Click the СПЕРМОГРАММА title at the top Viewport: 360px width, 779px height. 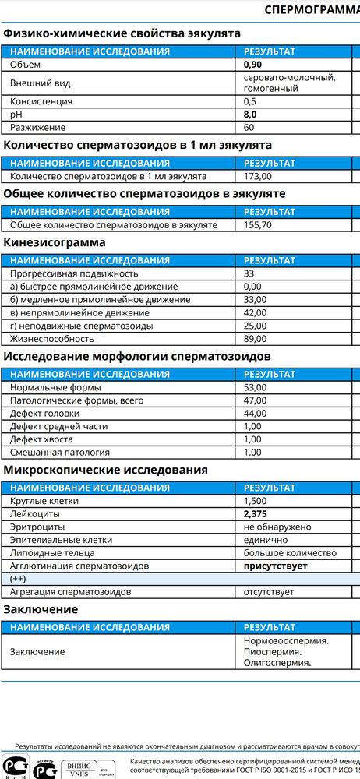click(x=312, y=10)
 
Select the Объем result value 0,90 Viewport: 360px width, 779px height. click(x=252, y=65)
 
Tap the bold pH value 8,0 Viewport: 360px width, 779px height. click(x=250, y=115)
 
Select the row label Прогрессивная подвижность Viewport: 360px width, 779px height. click(x=74, y=273)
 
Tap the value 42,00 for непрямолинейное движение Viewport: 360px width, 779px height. click(x=256, y=312)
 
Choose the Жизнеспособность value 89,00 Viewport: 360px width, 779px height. click(x=256, y=339)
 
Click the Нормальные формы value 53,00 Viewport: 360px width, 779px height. click(x=256, y=387)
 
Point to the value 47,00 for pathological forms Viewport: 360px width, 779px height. click(x=256, y=400)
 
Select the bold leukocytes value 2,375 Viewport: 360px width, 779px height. click(x=256, y=514)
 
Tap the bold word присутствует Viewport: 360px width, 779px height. click(x=281, y=566)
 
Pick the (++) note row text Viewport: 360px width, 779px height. click(x=18, y=579)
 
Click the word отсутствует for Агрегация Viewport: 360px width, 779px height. click(x=269, y=592)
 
